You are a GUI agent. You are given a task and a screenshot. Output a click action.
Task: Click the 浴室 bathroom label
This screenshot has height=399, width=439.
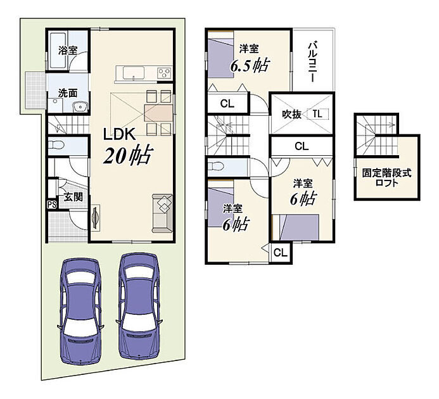tap(68, 51)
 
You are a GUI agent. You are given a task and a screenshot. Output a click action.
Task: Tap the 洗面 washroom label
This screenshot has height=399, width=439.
tap(68, 93)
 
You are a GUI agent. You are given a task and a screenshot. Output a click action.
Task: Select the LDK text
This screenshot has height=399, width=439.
tap(120, 134)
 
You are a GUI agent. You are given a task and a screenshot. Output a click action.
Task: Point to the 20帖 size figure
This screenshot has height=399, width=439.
tap(128, 155)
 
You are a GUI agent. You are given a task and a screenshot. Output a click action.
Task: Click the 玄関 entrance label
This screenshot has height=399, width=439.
tap(73, 197)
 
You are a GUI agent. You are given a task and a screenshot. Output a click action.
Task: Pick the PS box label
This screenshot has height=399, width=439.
tap(52, 205)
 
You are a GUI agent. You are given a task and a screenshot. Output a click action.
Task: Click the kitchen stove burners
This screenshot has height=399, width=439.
tap(164, 73)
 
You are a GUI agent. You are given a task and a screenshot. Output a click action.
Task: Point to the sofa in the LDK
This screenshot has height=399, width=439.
tap(162, 213)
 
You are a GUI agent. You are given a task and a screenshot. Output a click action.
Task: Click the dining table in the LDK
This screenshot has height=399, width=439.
tap(158, 113)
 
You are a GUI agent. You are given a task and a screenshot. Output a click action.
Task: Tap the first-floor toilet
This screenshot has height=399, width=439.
tap(56, 145)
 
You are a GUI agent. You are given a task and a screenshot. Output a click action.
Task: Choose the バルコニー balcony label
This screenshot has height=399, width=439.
tap(313, 61)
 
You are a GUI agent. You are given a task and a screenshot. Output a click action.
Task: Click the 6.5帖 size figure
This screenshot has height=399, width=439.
tap(249, 65)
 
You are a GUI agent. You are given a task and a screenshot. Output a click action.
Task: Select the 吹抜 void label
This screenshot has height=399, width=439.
tap(291, 114)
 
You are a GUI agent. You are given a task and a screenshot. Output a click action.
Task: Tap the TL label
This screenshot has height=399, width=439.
tap(317, 114)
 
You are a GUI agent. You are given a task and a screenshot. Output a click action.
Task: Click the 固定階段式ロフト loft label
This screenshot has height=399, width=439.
tap(387, 178)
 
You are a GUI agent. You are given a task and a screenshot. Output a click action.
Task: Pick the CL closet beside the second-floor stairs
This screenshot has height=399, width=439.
tap(227, 104)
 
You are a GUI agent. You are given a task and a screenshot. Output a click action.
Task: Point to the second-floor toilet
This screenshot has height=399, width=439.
tap(216, 167)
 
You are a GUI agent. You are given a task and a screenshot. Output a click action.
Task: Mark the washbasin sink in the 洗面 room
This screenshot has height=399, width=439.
tap(80, 107)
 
